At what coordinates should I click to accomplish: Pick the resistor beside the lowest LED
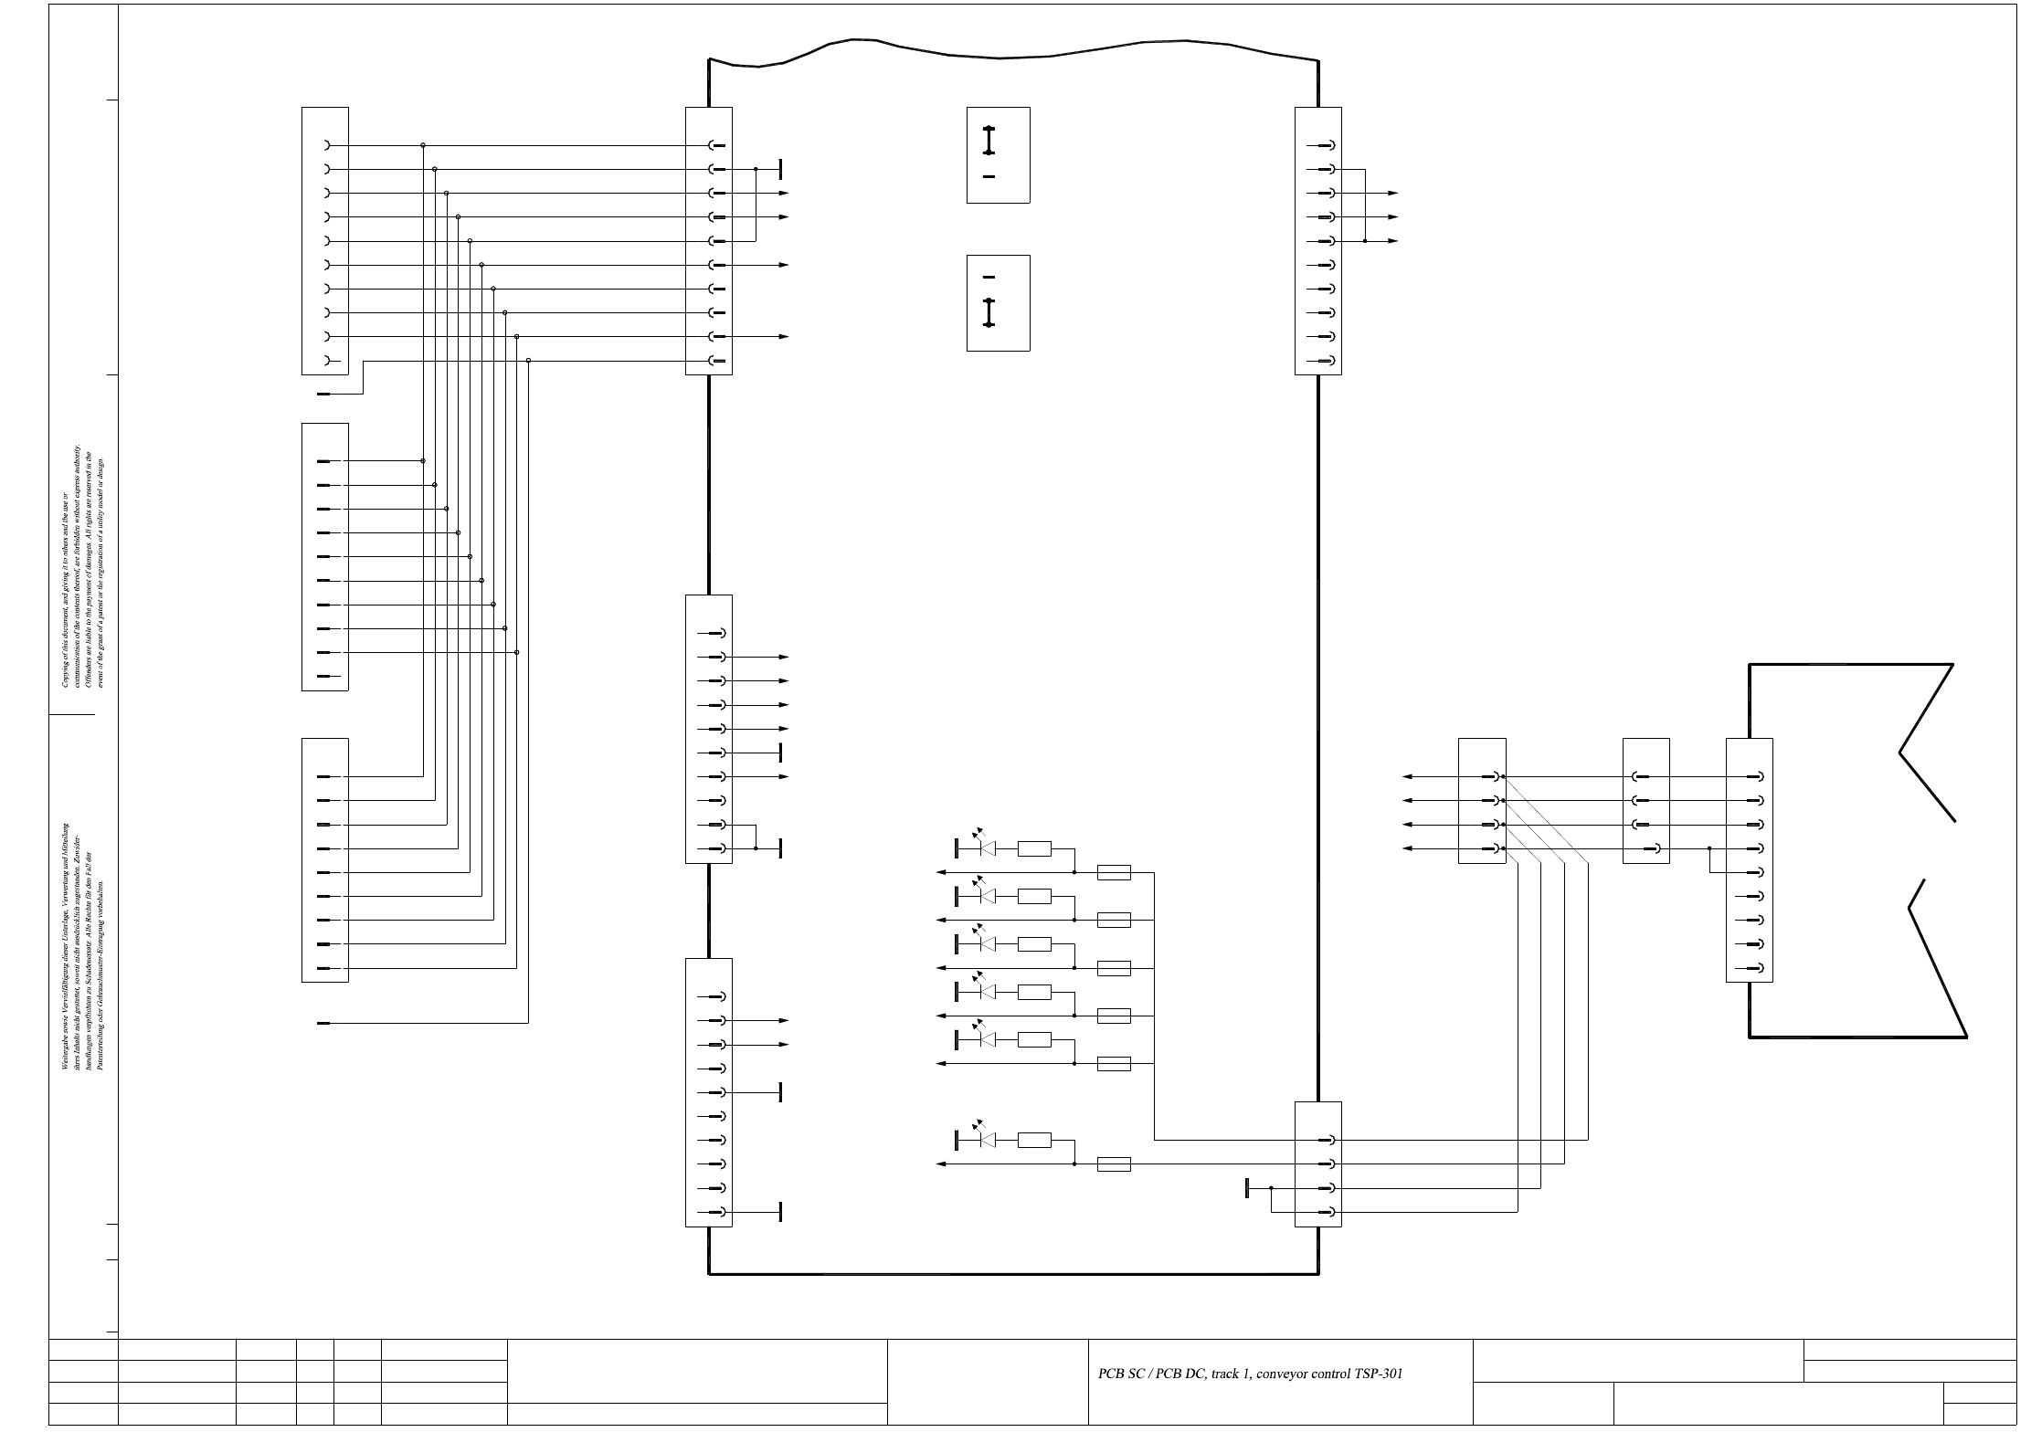[x=1034, y=1140]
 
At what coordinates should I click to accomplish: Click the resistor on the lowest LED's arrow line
[x=1114, y=1164]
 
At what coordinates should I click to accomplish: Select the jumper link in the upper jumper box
[x=989, y=141]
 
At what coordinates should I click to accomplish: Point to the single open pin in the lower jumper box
[x=989, y=277]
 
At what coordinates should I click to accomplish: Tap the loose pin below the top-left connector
[x=323, y=394]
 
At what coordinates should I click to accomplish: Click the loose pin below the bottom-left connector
[x=323, y=1024]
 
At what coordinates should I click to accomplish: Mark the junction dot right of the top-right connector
[x=1364, y=241]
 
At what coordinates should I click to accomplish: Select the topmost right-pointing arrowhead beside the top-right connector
[x=1393, y=194]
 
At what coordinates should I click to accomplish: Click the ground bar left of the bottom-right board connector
[x=1247, y=1188]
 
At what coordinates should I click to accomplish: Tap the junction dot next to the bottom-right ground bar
[x=1271, y=1188]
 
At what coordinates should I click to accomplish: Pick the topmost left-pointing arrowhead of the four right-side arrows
[x=1408, y=776]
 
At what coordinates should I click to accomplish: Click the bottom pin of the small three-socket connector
[x=1655, y=848]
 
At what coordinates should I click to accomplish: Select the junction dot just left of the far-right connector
[x=1709, y=848]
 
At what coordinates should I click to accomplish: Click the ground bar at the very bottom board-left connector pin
[x=780, y=1212]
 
